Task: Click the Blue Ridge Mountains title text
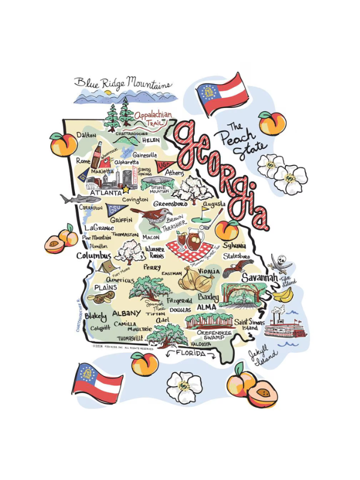pos(123,83)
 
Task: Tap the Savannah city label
pos(259,278)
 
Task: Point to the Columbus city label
pos(93,256)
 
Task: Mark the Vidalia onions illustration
pos(195,280)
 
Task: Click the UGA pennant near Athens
pos(163,166)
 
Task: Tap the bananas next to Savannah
pos(283,295)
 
